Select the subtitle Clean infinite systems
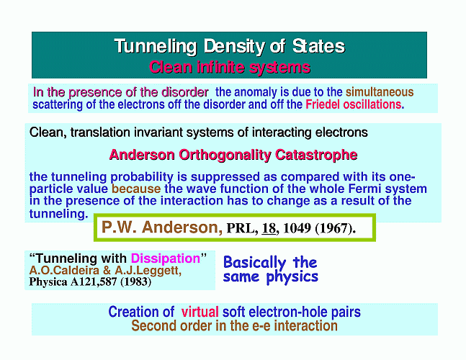pos(230,67)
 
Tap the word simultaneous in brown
pos(380,92)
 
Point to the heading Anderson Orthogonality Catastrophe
pos(233,155)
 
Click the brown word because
pos(136,189)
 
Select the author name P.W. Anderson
pos(162,228)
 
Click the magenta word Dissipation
pos(166,258)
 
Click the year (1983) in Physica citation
pos(136,282)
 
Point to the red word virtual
pos(200,312)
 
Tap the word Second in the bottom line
pos(151,326)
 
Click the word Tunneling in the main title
pos(156,47)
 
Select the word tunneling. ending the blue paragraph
pos(59,214)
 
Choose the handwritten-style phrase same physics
pos(270,276)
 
